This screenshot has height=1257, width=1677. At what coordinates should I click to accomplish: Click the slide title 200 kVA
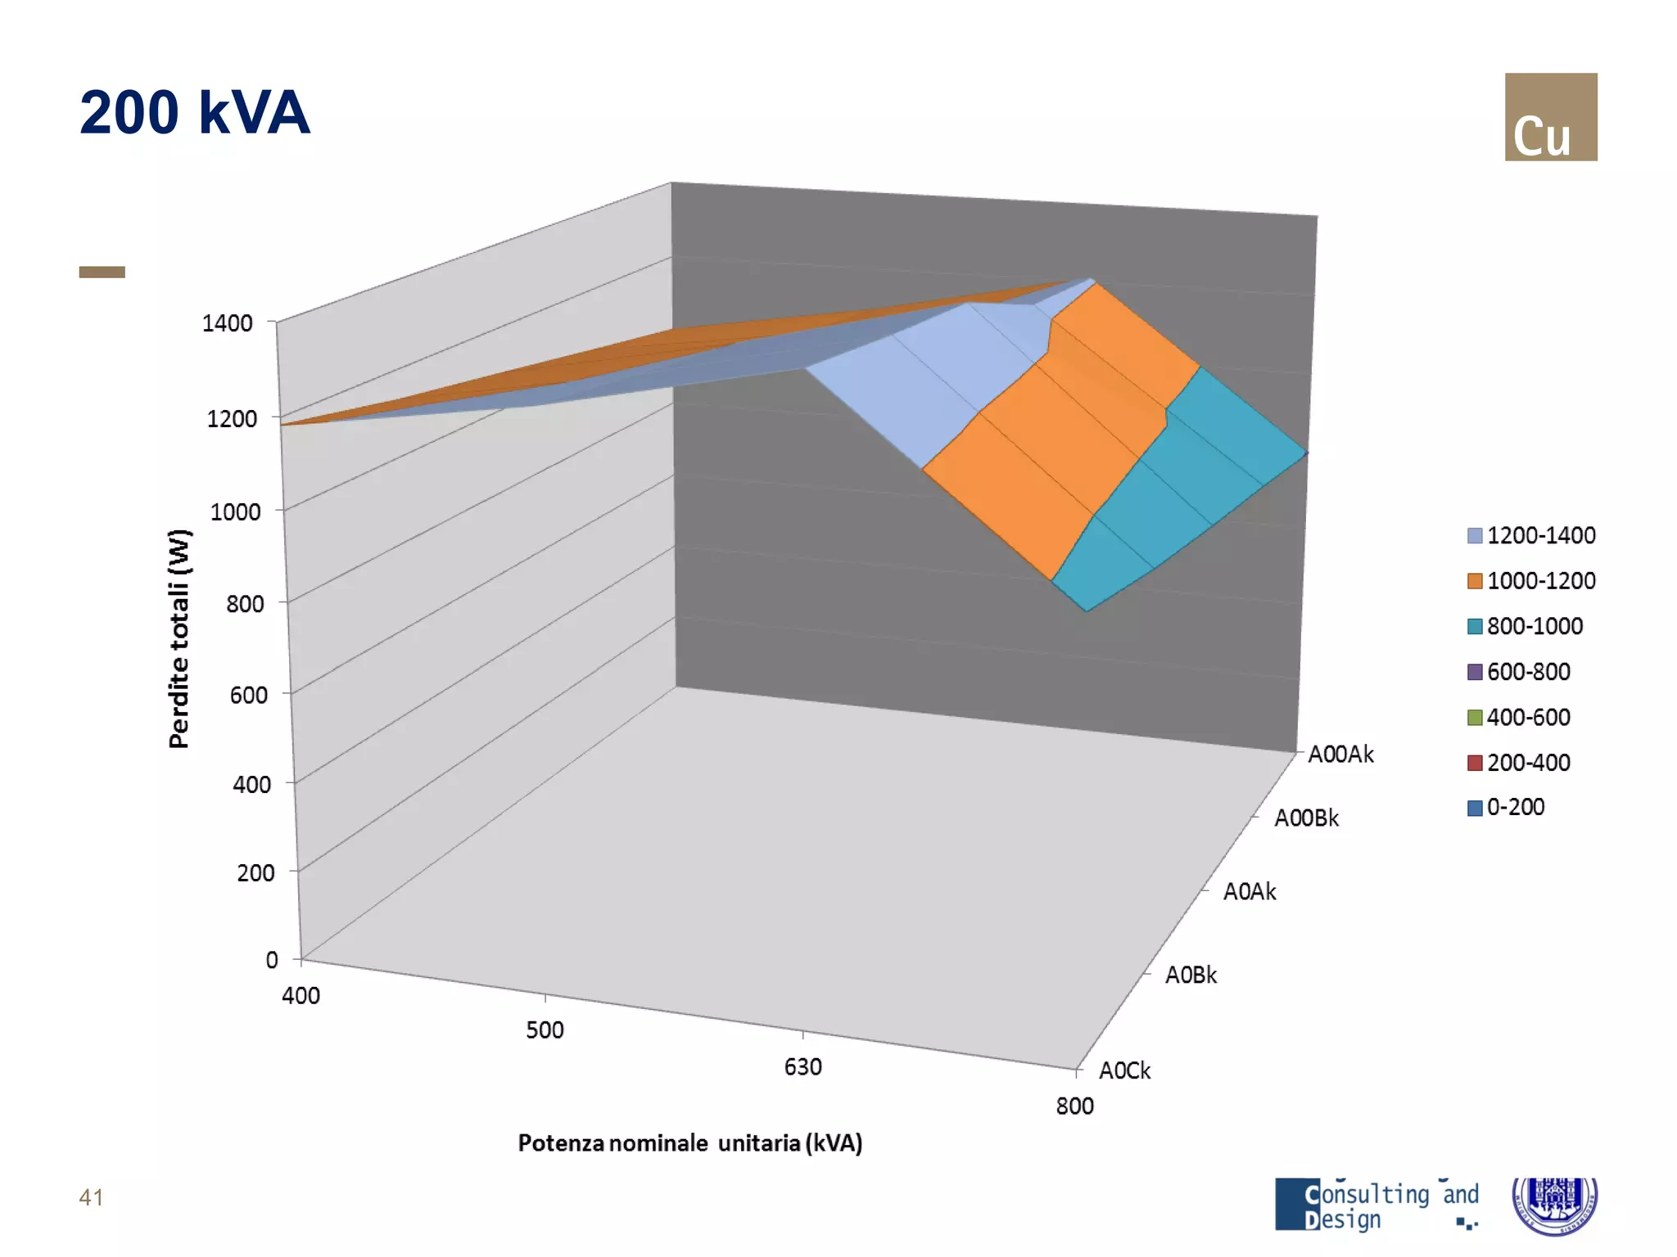click(x=194, y=113)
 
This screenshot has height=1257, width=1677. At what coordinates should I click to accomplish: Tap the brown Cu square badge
click(x=1550, y=117)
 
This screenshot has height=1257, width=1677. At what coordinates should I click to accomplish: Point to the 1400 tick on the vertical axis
click(x=228, y=323)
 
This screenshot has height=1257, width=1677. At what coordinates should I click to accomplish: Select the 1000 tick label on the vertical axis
click(x=235, y=512)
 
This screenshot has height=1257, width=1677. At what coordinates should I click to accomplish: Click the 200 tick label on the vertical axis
click(x=255, y=872)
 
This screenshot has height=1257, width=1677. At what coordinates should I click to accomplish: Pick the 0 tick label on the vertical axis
click(x=272, y=960)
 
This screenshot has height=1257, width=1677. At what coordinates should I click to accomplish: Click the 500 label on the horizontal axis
click(x=545, y=1029)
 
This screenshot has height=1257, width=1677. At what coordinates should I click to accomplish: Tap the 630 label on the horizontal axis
click(x=802, y=1067)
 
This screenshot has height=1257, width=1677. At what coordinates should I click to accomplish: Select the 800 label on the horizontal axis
click(x=1074, y=1106)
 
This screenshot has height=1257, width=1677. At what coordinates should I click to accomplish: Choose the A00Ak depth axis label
click(x=1340, y=754)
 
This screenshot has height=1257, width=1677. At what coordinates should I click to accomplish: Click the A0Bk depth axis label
click(x=1191, y=975)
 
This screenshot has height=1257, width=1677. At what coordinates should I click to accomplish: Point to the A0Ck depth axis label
click(x=1124, y=1070)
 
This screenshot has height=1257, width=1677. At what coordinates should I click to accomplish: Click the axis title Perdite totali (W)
click(x=179, y=638)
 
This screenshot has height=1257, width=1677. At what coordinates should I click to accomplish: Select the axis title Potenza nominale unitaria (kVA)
click(x=690, y=1143)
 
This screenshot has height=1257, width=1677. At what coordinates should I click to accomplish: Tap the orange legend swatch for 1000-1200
click(x=1475, y=581)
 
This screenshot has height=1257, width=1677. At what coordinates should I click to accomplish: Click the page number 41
click(x=91, y=1197)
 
